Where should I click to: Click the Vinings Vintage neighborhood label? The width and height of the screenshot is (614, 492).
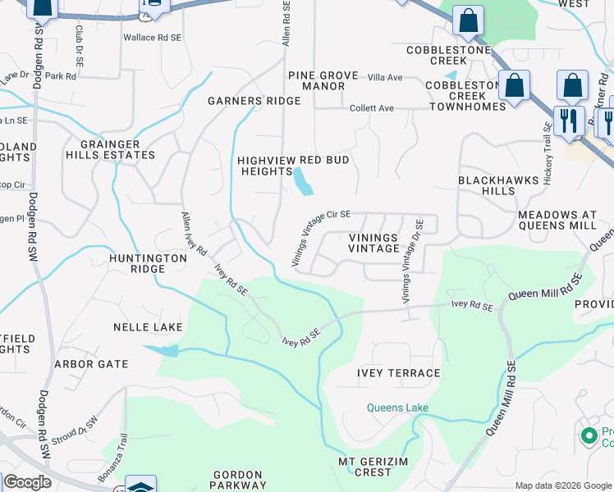(373, 243)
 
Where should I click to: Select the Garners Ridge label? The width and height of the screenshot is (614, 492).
(254, 101)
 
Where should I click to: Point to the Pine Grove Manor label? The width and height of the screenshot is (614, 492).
(323, 80)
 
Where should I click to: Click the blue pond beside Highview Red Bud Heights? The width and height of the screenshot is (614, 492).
(303, 181)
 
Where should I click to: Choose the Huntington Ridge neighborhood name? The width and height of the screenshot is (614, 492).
(149, 263)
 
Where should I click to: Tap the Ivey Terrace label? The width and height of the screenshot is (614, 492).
(398, 373)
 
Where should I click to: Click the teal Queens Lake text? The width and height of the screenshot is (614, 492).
(397, 408)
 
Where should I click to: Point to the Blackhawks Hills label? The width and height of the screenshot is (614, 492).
(488, 185)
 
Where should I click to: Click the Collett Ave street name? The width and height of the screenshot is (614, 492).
(372, 108)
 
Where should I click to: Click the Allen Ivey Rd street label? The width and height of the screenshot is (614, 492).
(195, 232)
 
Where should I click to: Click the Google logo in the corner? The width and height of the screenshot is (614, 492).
(26, 482)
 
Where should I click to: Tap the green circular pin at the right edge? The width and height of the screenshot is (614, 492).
(589, 435)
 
